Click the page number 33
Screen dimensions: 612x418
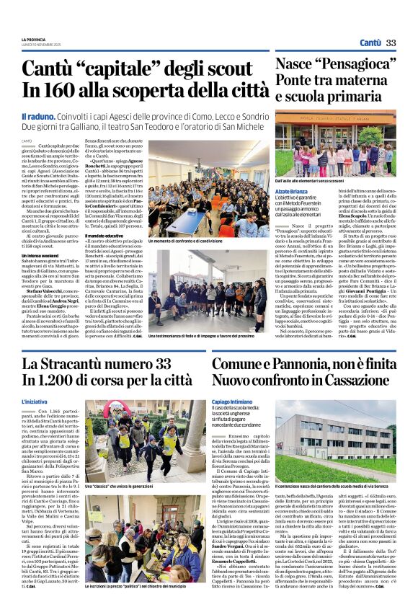coord(391,43)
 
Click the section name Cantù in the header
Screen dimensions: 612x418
coord(370,43)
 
